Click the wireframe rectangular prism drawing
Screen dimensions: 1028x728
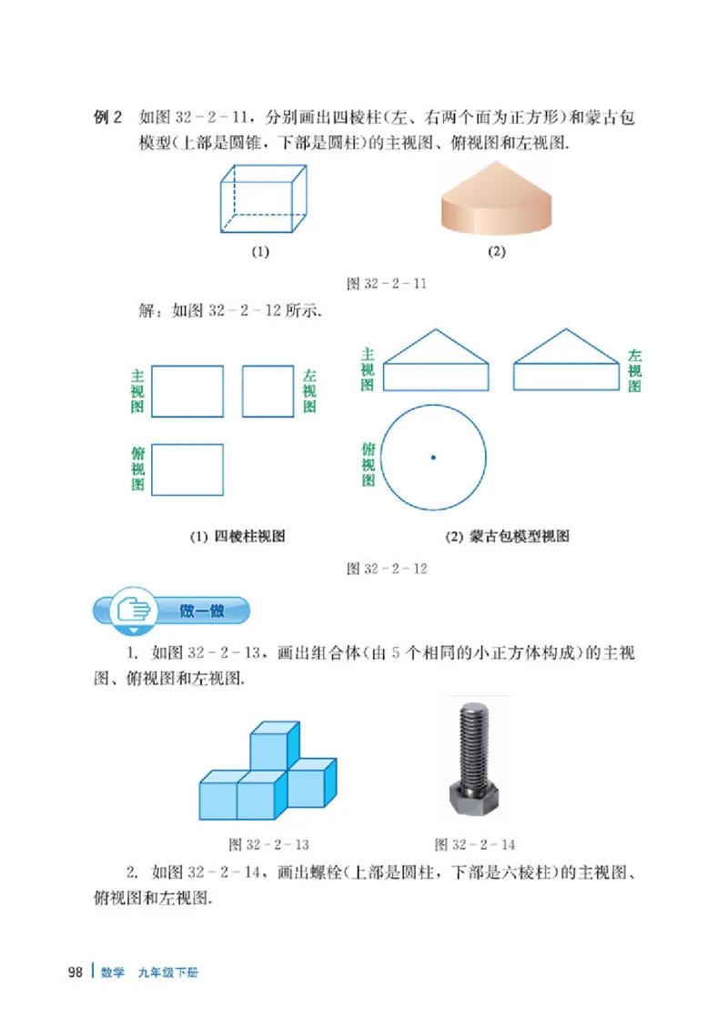[x=262, y=199]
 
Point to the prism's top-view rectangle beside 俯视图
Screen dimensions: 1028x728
[x=187, y=469]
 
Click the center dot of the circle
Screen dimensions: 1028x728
[x=433, y=457]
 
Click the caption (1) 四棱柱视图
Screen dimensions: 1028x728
[x=237, y=537]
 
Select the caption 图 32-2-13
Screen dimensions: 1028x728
[x=268, y=844]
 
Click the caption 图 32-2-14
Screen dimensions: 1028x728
[x=474, y=844]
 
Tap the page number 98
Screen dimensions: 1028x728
[x=76, y=972]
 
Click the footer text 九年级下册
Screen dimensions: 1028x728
[x=168, y=973]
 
